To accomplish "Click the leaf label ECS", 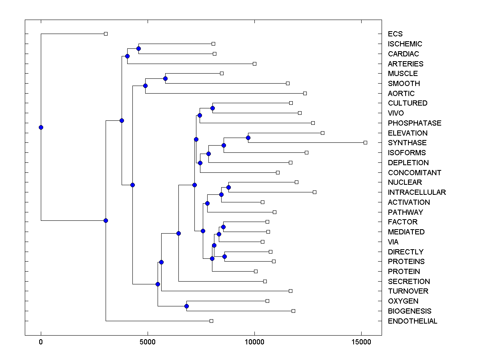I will tap(395, 34).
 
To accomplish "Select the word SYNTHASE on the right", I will tap(407, 143).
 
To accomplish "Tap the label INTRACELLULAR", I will tap(417, 192).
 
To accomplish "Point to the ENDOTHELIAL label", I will tap(412, 321).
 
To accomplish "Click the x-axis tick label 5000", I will tap(148, 342).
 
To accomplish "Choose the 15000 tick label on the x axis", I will tap(361, 342).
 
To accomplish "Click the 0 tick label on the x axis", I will tap(41, 342).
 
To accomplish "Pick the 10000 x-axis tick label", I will tap(254, 342).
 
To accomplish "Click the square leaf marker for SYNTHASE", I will tap(365, 142).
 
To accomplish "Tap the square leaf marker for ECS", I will tap(106, 34).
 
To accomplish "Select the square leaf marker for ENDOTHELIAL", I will tap(212, 321).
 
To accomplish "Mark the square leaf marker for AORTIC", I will tap(305, 93).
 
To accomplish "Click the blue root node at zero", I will tap(41, 127).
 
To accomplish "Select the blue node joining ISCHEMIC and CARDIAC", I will tap(138, 49).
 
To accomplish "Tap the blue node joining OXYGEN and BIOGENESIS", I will tap(186, 306).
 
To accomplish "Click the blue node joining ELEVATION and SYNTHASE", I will tap(248, 138).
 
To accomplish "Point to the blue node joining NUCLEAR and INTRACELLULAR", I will tap(228, 187).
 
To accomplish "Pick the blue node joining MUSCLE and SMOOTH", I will tap(165, 78).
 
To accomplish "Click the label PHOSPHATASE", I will tap(414, 123).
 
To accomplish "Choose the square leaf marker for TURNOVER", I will tap(290, 291).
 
